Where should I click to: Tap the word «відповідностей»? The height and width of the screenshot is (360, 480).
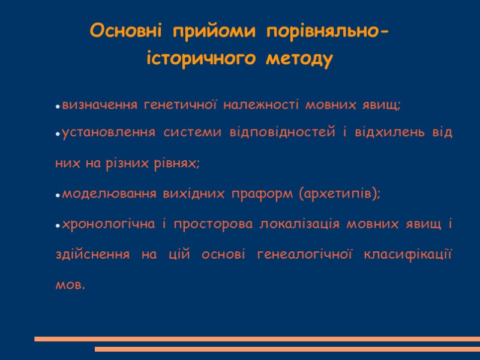click(x=280, y=133)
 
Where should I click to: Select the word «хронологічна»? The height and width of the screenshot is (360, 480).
click(x=106, y=224)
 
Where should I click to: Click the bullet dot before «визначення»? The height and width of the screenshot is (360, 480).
click(x=58, y=107)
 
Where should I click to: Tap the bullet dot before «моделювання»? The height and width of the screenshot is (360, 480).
click(x=58, y=196)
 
